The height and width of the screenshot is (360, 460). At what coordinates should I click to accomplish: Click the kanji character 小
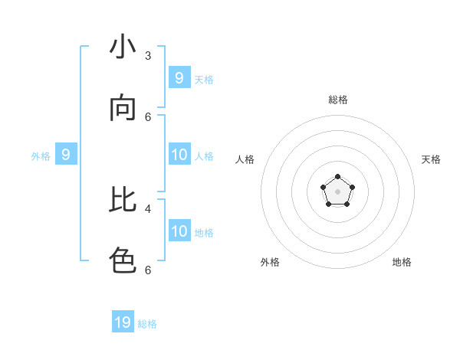coord(123,47)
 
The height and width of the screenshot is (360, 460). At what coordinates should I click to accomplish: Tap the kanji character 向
coord(123,109)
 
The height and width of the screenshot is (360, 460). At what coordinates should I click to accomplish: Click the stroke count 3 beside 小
coord(148,56)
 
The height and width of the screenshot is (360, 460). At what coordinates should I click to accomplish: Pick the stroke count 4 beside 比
coord(148,208)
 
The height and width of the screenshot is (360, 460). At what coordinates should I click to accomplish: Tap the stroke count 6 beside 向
coord(148,117)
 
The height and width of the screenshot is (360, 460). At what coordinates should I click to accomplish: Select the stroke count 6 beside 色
coord(148,270)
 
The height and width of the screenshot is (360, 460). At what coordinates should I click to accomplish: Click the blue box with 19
coord(123,322)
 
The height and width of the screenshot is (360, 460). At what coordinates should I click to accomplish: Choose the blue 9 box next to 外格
coord(66,155)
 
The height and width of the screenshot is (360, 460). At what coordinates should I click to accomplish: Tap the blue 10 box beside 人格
coord(179,155)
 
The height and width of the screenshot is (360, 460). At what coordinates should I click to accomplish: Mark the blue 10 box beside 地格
coord(179,231)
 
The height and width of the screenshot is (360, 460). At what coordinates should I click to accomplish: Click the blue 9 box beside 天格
coord(179,78)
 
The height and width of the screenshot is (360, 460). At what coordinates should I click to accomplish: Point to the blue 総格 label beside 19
coord(147,324)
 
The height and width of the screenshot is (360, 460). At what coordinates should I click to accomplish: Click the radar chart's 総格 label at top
coord(337,100)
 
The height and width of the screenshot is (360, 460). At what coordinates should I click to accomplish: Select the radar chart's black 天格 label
coord(431,159)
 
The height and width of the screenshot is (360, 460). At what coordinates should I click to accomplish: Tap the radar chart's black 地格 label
coord(402,262)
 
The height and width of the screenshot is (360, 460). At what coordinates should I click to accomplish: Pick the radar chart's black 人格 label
coord(245,159)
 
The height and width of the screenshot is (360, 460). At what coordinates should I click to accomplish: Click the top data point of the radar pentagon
coord(337,177)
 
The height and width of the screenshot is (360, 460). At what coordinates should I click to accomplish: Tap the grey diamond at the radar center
coord(337,191)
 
